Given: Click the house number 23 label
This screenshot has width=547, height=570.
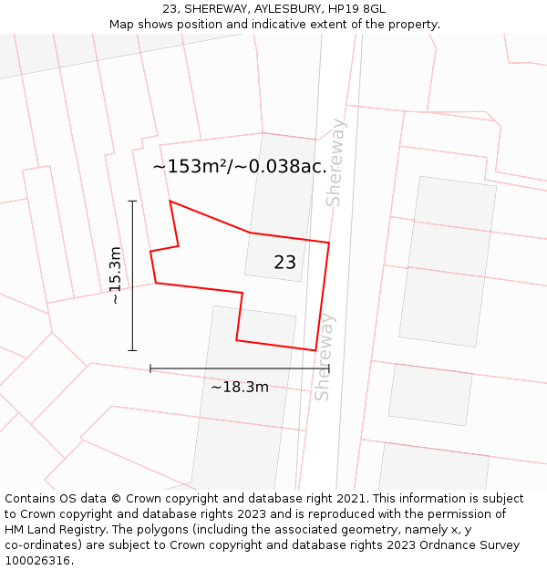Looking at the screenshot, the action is [284, 263].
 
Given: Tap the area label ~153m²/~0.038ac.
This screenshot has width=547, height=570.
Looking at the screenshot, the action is [240, 167].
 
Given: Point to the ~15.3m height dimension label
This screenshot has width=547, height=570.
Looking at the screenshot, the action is [115, 275].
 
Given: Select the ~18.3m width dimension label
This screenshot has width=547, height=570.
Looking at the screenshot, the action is [240, 387].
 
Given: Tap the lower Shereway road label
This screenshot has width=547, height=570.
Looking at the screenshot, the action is [324, 357].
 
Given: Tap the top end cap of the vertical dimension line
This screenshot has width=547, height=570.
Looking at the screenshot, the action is [132, 201].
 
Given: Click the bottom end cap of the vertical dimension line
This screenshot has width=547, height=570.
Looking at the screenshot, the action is [132, 350].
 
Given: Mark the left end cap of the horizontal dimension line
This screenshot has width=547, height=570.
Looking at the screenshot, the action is [150, 368].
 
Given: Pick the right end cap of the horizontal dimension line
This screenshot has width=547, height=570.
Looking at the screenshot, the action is [329, 368].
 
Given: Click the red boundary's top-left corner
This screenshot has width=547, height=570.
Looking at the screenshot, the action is [170, 201].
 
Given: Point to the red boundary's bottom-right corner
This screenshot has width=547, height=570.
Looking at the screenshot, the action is [315, 350].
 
